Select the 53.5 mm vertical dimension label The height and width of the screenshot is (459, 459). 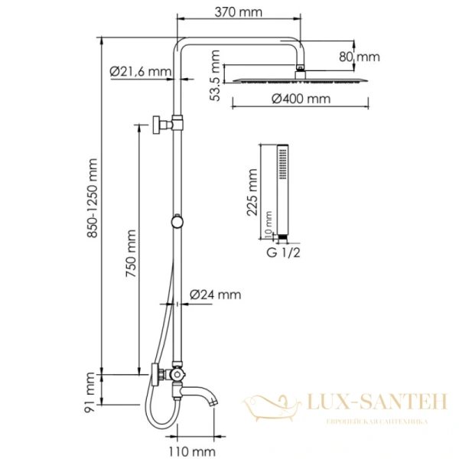(x=216, y=76)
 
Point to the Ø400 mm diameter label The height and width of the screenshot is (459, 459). (x=301, y=99)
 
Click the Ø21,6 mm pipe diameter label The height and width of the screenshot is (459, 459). (x=139, y=71)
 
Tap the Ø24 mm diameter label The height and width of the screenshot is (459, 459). (x=215, y=295)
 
